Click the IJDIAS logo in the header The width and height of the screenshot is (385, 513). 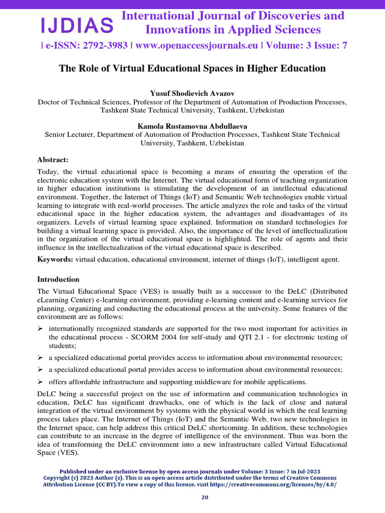click(x=77, y=24)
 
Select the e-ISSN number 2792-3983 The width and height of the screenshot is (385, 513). click(x=104, y=46)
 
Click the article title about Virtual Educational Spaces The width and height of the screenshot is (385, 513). click(x=192, y=68)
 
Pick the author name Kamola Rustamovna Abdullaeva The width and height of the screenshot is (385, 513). click(x=192, y=126)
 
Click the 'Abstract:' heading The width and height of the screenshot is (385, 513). click(x=53, y=160)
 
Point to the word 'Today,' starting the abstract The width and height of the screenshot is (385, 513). click(x=48, y=172)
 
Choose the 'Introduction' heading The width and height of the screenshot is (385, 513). click(x=58, y=279)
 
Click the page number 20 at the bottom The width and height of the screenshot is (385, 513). click(x=205, y=497)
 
